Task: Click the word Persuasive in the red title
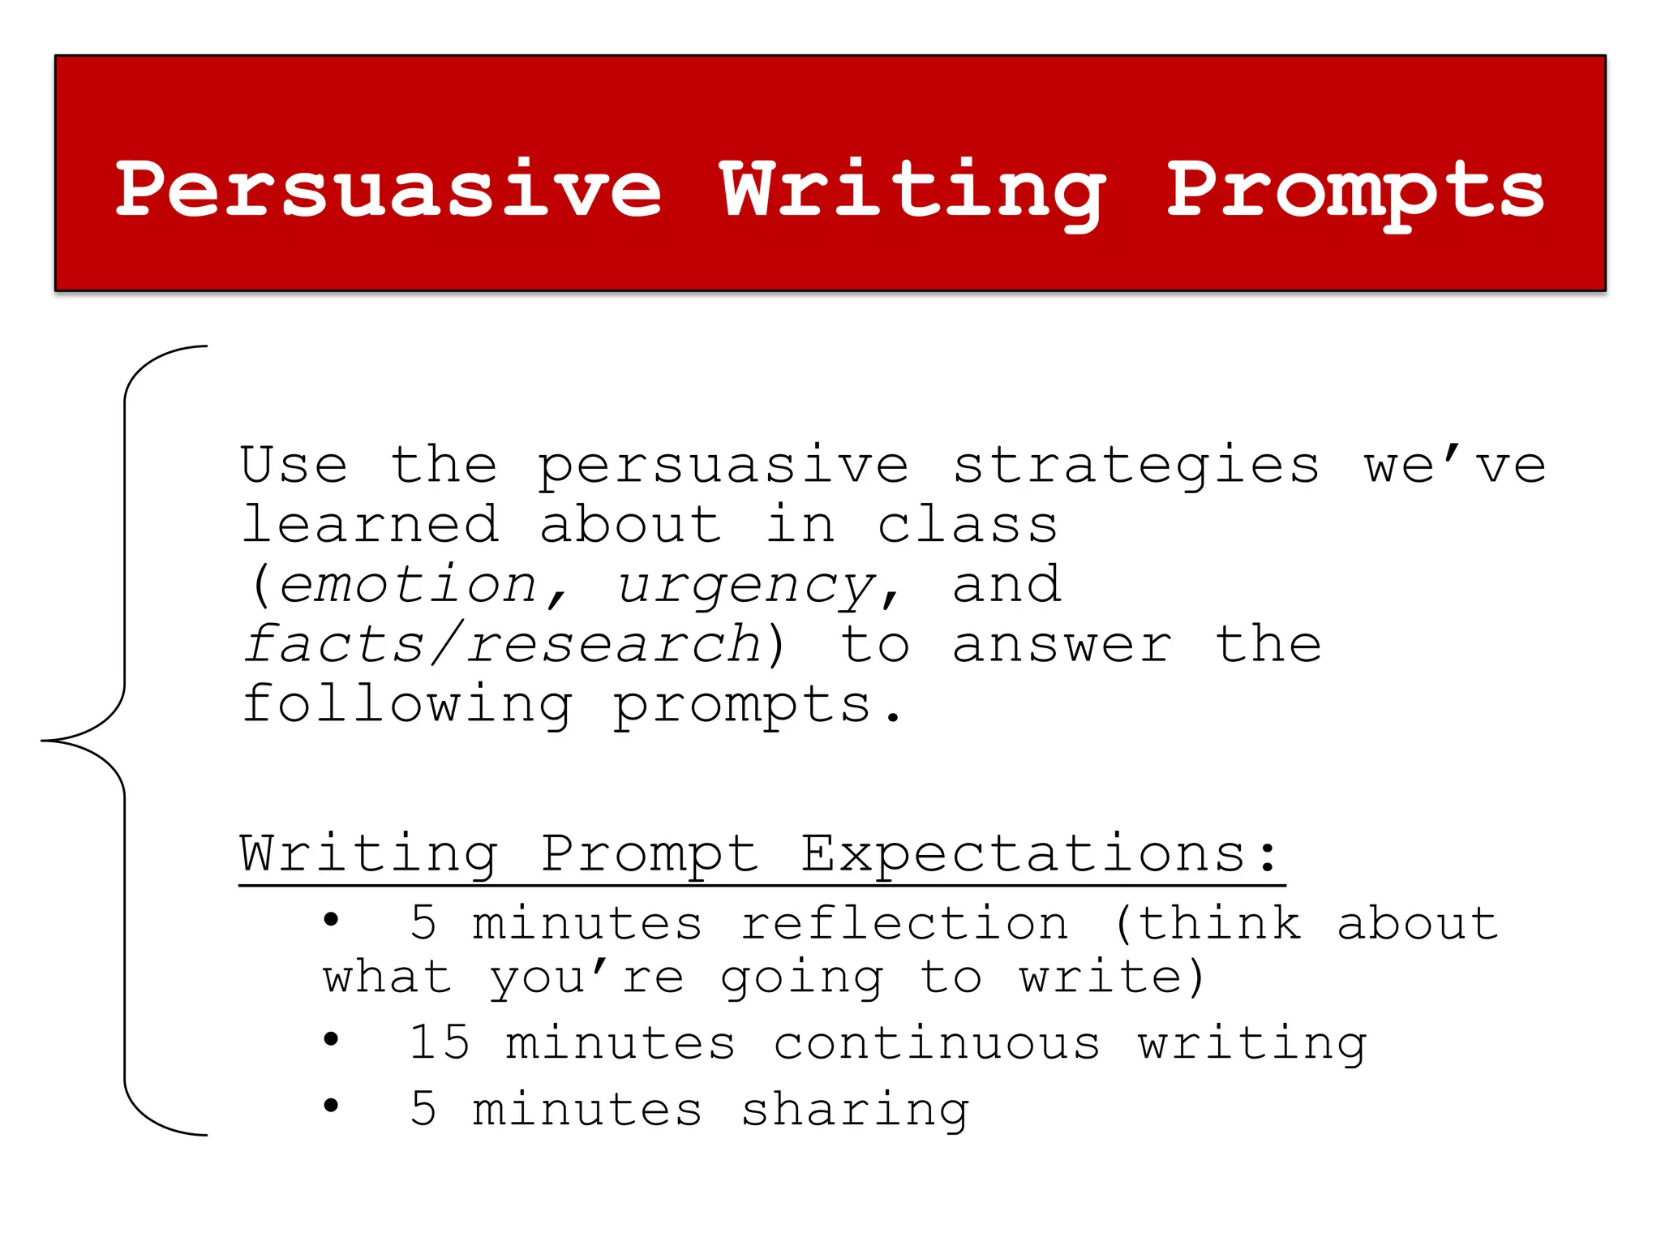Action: pos(389,191)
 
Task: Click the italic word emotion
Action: pos(408,586)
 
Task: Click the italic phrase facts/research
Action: pos(503,645)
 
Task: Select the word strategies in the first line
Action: pos(1135,467)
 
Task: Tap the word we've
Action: pos(1455,466)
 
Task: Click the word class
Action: pos(968,526)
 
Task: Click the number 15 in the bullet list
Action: pos(439,1042)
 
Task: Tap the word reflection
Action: pos(904,924)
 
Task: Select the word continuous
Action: pos(937,1043)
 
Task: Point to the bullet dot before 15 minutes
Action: pos(331,1039)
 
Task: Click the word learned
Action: pos(370,526)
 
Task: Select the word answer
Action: pos(1062,646)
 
